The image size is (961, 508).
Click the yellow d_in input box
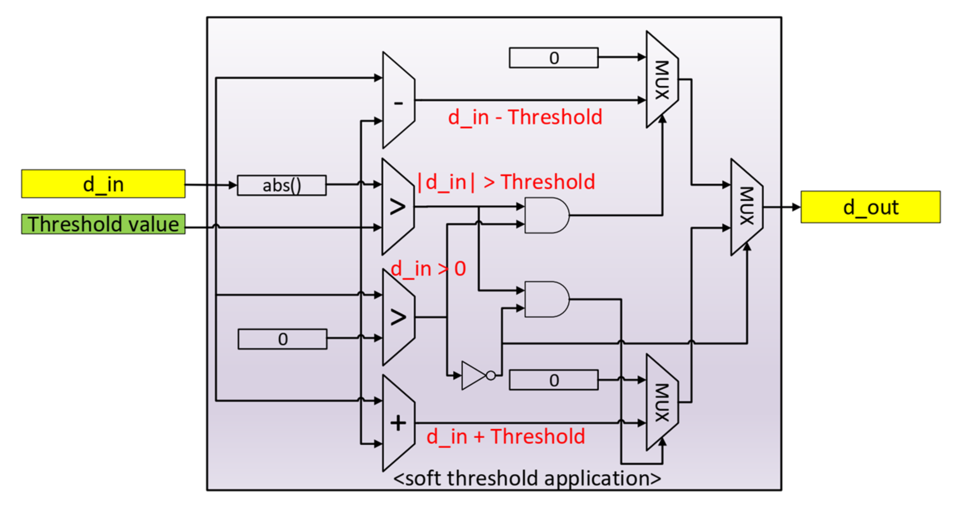pyautogui.click(x=103, y=183)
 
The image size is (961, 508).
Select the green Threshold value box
pyautogui.click(x=103, y=224)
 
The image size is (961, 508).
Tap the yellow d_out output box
pyautogui.click(x=870, y=207)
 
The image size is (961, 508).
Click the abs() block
pyautogui.click(x=282, y=185)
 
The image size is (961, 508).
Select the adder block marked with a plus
pyautogui.click(x=398, y=423)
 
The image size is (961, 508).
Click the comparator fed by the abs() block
pyautogui.click(x=398, y=207)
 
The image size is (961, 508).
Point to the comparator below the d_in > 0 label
pyautogui.click(x=398, y=317)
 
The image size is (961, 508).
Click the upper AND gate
pyautogui.click(x=546, y=216)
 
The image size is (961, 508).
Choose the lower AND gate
pyautogui.click(x=546, y=299)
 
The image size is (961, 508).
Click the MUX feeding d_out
pyautogui.click(x=746, y=207)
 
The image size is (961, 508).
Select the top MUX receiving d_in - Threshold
pyautogui.click(x=662, y=80)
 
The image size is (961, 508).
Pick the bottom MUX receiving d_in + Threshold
pyautogui.click(x=662, y=403)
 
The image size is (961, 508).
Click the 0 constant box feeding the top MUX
pyautogui.click(x=553, y=58)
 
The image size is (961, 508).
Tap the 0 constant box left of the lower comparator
pyautogui.click(x=282, y=339)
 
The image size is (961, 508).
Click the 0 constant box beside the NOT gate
pyautogui.click(x=553, y=380)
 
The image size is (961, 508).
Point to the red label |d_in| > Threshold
pyautogui.click(x=506, y=182)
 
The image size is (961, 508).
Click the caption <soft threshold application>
pyautogui.click(x=527, y=479)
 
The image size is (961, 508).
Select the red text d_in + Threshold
pyautogui.click(x=505, y=437)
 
